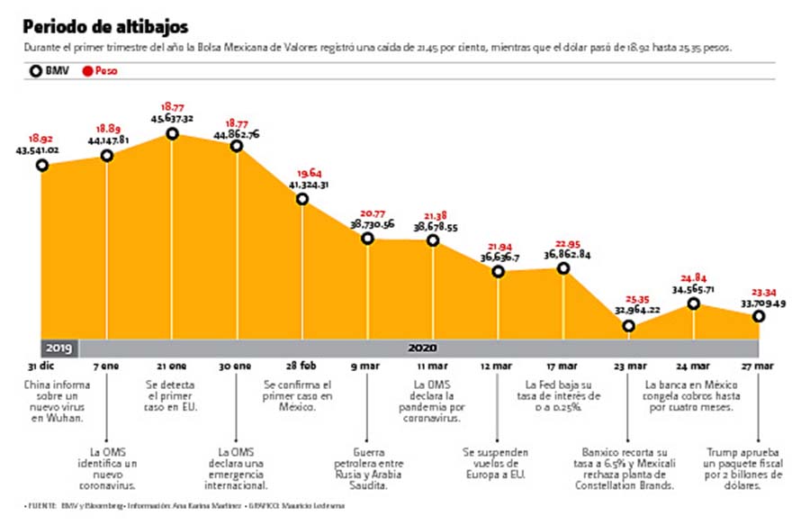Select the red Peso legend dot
click(x=87, y=69)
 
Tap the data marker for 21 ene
click(x=172, y=133)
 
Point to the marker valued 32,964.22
click(x=628, y=326)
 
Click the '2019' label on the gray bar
click(x=59, y=347)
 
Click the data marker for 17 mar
click(x=563, y=267)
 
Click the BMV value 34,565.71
click(x=693, y=289)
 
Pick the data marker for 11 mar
click(x=433, y=240)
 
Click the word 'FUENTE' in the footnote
click(x=40, y=505)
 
